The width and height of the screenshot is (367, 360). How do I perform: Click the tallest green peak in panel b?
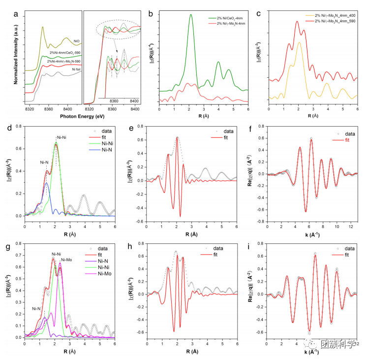191,15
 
